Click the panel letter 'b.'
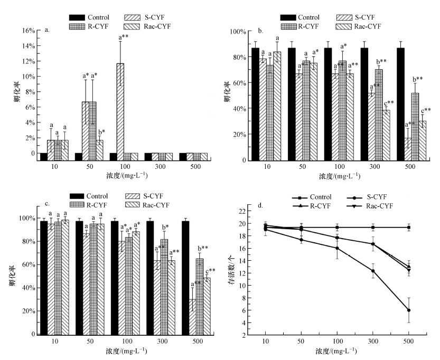coord(260,30)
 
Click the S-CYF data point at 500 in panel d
coord(409,310)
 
